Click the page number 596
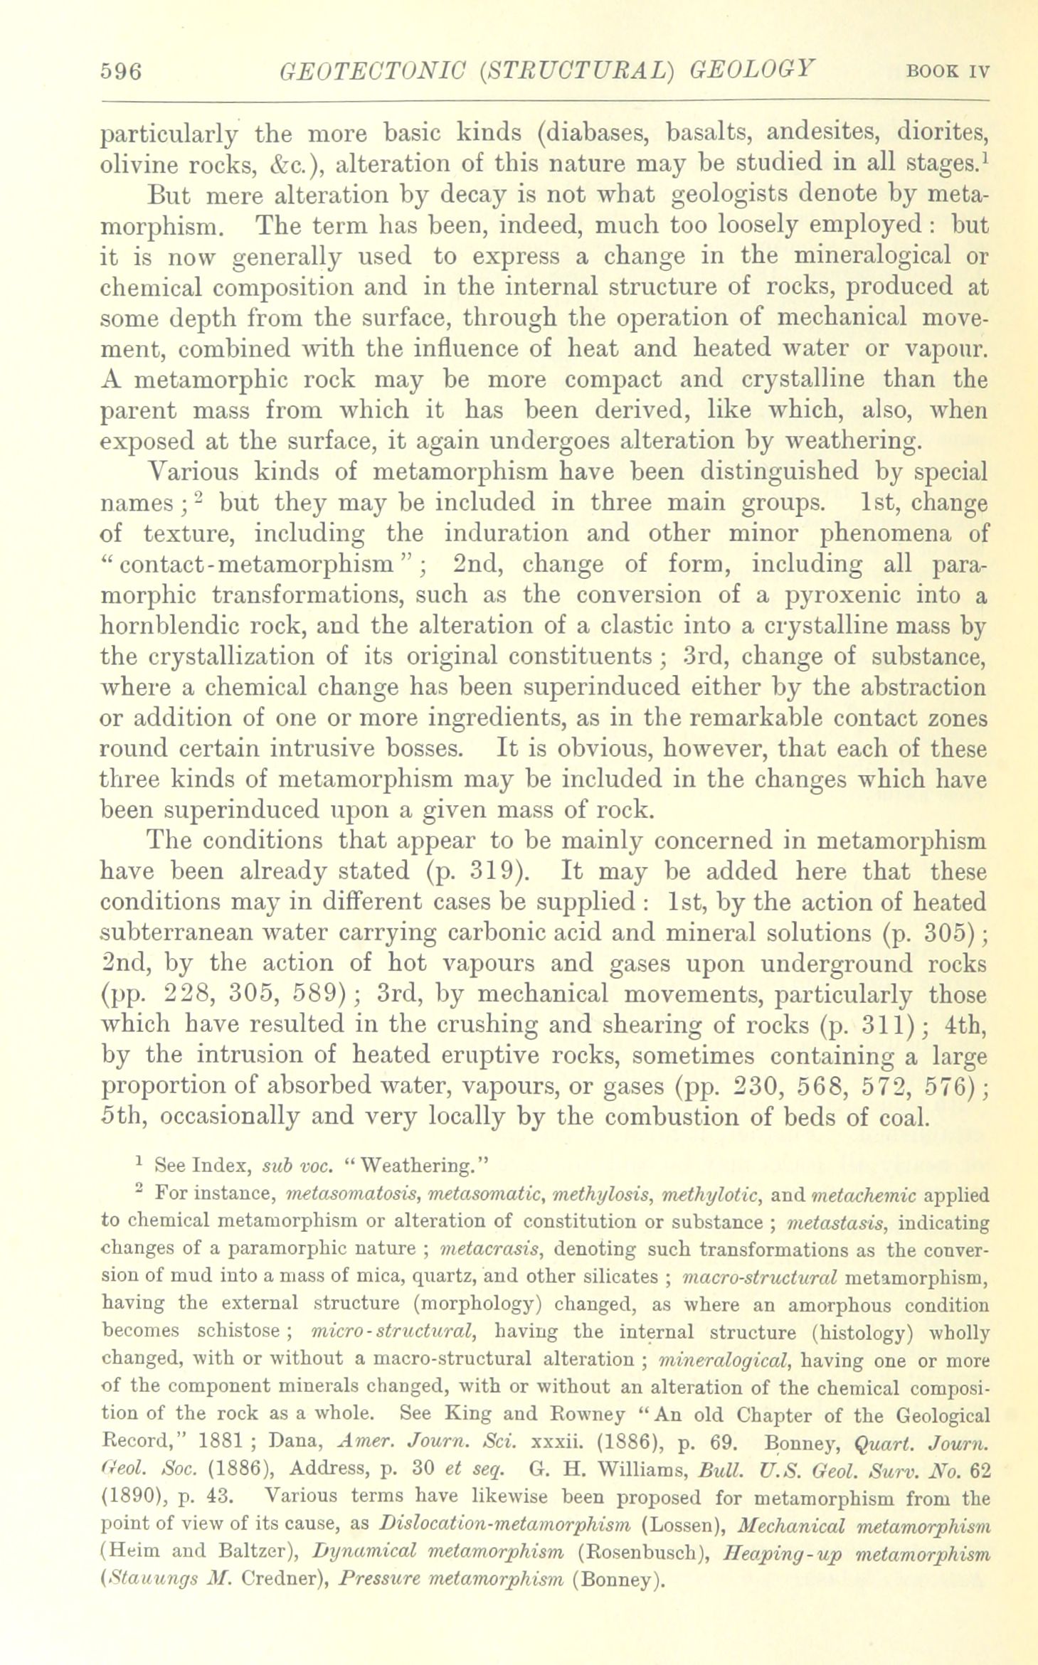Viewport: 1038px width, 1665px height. click(122, 72)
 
